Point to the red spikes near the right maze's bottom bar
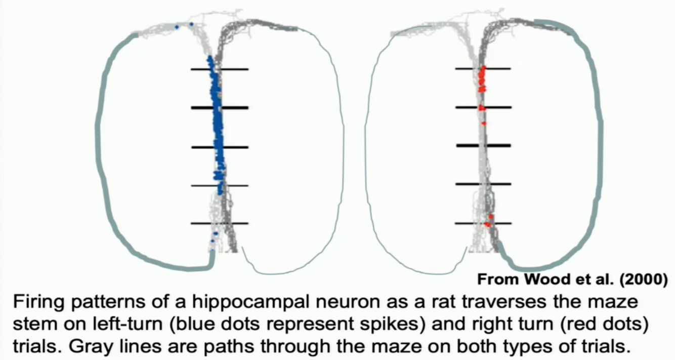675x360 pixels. coord(488,221)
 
